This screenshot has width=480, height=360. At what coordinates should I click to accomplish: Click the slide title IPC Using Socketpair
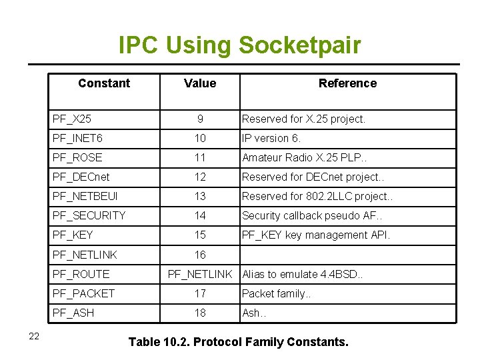click(239, 45)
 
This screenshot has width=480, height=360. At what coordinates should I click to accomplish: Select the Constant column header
click(104, 83)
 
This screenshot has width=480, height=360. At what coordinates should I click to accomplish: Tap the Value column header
click(200, 83)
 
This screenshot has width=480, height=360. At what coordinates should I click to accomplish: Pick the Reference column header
click(347, 83)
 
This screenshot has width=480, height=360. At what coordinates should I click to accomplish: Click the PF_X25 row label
click(72, 119)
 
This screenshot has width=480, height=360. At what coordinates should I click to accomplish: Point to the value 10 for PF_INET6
click(200, 139)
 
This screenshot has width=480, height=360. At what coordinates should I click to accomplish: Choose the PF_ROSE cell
click(77, 158)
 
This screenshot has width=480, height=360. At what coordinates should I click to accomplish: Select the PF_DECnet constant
click(81, 177)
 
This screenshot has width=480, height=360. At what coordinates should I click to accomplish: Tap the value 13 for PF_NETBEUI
click(200, 197)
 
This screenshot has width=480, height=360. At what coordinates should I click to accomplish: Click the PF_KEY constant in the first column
click(73, 235)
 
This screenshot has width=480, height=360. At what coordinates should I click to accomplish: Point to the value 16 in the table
click(200, 255)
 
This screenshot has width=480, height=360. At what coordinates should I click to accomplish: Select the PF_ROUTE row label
click(81, 274)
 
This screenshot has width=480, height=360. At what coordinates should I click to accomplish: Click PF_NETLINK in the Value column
click(200, 274)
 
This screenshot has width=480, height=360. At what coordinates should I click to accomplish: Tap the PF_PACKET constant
click(83, 293)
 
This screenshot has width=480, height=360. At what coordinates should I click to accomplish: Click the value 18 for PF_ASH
click(200, 313)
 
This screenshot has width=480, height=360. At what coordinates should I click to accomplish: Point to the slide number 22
click(34, 336)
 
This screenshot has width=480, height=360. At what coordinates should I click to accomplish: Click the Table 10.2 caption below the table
click(238, 342)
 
